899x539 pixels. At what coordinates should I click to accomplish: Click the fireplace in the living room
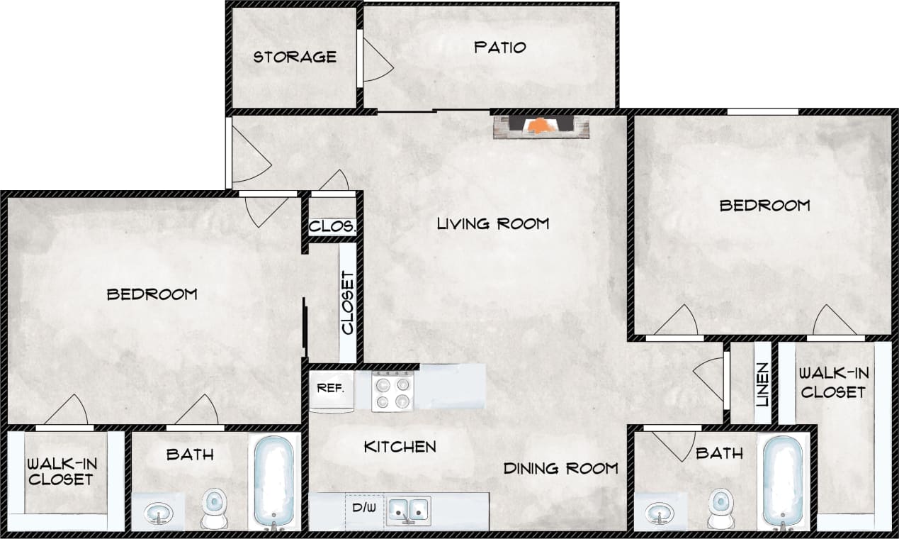pyautogui.click(x=541, y=126)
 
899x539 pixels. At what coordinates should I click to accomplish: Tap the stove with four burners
pyautogui.click(x=392, y=391)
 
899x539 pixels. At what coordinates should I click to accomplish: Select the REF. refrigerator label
pyautogui.click(x=330, y=388)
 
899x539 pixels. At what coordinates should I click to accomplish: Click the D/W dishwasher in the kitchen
pyautogui.click(x=363, y=509)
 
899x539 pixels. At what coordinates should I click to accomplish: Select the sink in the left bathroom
pyautogui.click(x=158, y=513)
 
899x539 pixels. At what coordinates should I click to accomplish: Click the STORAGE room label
pyautogui.click(x=295, y=57)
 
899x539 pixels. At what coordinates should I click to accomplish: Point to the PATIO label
pyautogui.click(x=500, y=48)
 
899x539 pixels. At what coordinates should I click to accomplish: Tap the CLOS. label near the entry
pyautogui.click(x=332, y=227)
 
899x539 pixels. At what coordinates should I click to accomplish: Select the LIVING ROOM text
pyautogui.click(x=492, y=224)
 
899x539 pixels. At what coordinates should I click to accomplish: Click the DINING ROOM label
pyautogui.click(x=560, y=468)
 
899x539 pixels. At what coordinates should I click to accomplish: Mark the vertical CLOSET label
pyautogui.click(x=347, y=303)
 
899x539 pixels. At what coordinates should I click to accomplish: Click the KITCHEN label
pyautogui.click(x=400, y=447)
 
